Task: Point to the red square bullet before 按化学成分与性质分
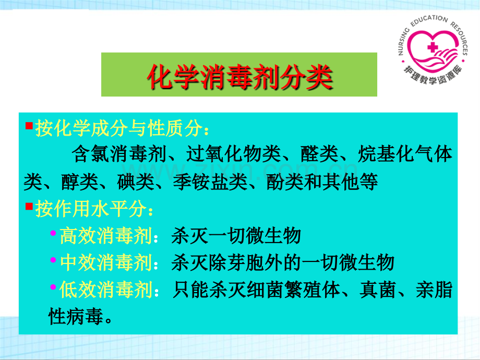(29, 126)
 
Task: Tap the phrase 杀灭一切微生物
(236, 236)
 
